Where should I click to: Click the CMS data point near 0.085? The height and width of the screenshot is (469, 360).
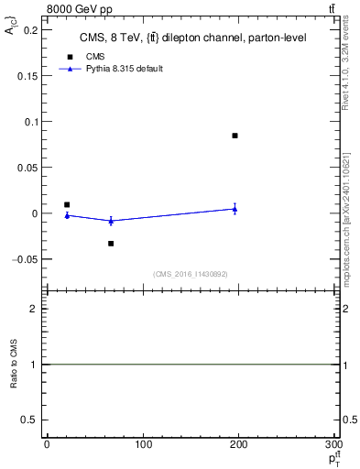(x=235, y=136)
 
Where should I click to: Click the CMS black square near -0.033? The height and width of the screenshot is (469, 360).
(x=111, y=244)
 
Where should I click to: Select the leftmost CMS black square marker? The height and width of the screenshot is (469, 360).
(x=67, y=205)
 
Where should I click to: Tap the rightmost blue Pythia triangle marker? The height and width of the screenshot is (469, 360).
(x=235, y=209)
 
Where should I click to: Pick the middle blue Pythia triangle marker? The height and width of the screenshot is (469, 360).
(x=111, y=221)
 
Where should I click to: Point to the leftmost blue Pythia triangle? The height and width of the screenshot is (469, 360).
(x=67, y=215)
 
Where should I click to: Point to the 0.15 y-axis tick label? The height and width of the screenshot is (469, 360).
(x=28, y=76)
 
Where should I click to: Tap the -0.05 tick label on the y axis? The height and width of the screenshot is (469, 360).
(x=27, y=259)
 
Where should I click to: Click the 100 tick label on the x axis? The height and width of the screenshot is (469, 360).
(x=142, y=444)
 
